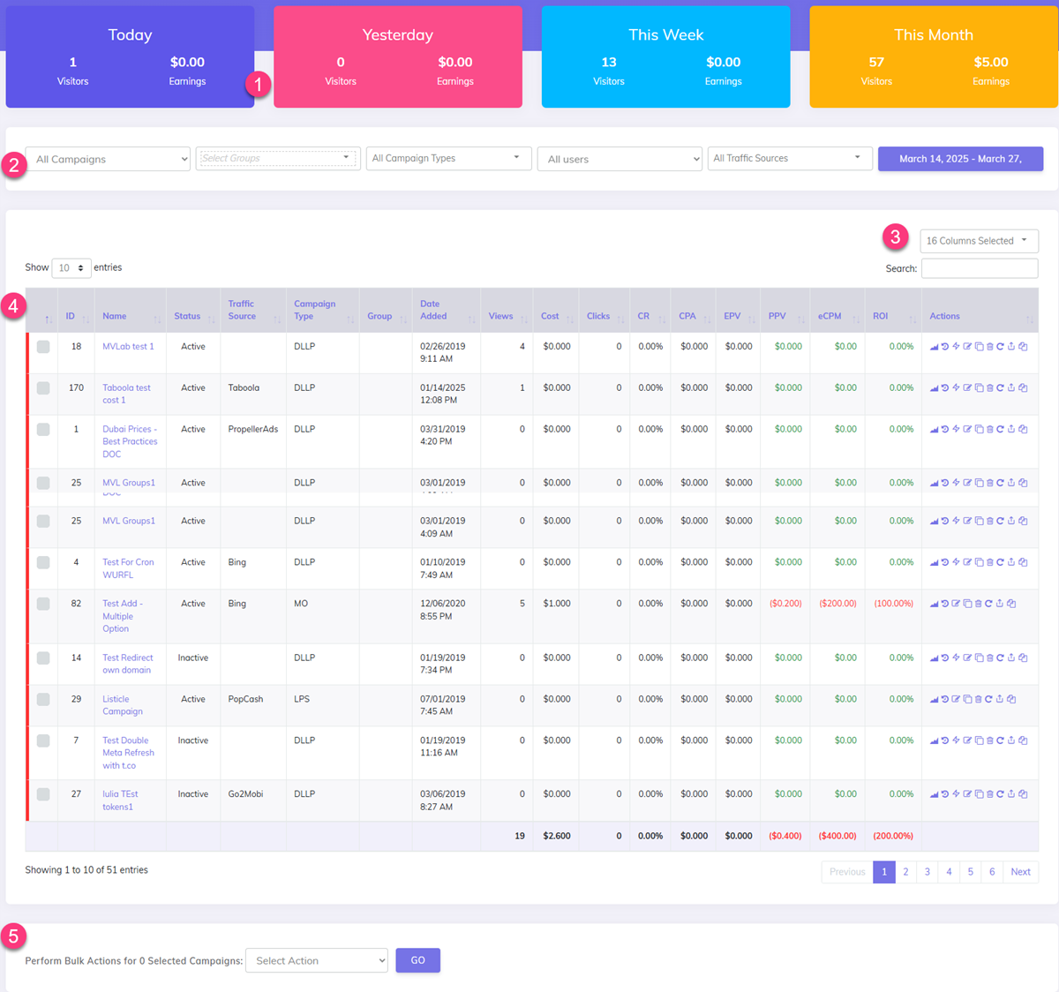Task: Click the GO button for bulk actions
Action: pyautogui.click(x=417, y=960)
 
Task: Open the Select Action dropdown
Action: pyautogui.click(x=317, y=960)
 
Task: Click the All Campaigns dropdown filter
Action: pyautogui.click(x=108, y=159)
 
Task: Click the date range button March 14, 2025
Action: pyautogui.click(x=960, y=159)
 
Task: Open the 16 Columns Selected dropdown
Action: pyautogui.click(x=978, y=241)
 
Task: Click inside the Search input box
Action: pyautogui.click(x=979, y=268)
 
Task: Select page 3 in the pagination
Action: pyautogui.click(x=928, y=872)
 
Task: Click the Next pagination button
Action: pyautogui.click(x=1020, y=872)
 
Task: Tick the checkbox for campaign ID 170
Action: pyautogui.click(x=43, y=388)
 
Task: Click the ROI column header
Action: pyautogui.click(x=881, y=316)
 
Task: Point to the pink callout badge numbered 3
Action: pyautogui.click(x=895, y=237)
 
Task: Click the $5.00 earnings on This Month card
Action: pyautogui.click(x=990, y=63)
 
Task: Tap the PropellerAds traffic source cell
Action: pyautogui.click(x=252, y=430)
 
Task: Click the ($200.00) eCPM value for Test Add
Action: pyautogui.click(x=837, y=604)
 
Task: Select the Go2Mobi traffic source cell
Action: pyautogui.click(x=245, y=794)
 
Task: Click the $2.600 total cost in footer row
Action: pyautogui.click(x=556, y=836)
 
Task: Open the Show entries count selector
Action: pyautogui.click(x=71, y=267)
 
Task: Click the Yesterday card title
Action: pyautogui.click(x=397, y=35)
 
